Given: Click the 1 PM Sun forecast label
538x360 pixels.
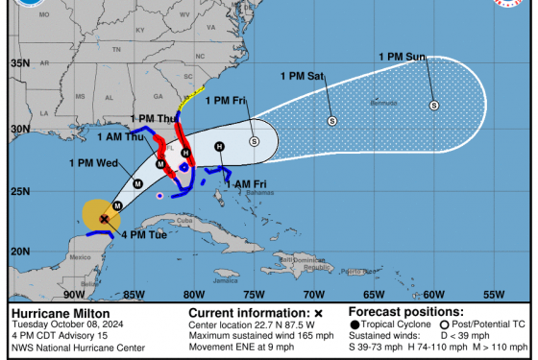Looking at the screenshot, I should tap(402, 58).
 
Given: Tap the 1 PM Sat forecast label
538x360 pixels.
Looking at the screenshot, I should tap(303, 75).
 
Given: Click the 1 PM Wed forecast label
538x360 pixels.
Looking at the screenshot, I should tap(93, 162).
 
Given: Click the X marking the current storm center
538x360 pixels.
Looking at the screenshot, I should tap(104, 219).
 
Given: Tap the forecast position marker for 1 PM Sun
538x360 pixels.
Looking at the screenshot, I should tap(434, 106).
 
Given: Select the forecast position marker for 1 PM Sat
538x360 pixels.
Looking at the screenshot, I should tap(332, 121).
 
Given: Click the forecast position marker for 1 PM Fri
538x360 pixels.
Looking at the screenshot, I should tap(255, 141).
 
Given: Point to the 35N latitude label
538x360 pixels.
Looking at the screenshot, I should tap(20, 62).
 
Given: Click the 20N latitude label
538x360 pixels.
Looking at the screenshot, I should tap(20, 252).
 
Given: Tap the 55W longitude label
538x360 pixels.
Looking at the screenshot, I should tap(494, 295).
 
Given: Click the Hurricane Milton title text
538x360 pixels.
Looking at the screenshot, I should tap(59, 313).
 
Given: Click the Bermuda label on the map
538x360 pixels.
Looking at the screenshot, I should tap(382, 101).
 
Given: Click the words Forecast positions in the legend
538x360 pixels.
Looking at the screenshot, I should tap(394, 312).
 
